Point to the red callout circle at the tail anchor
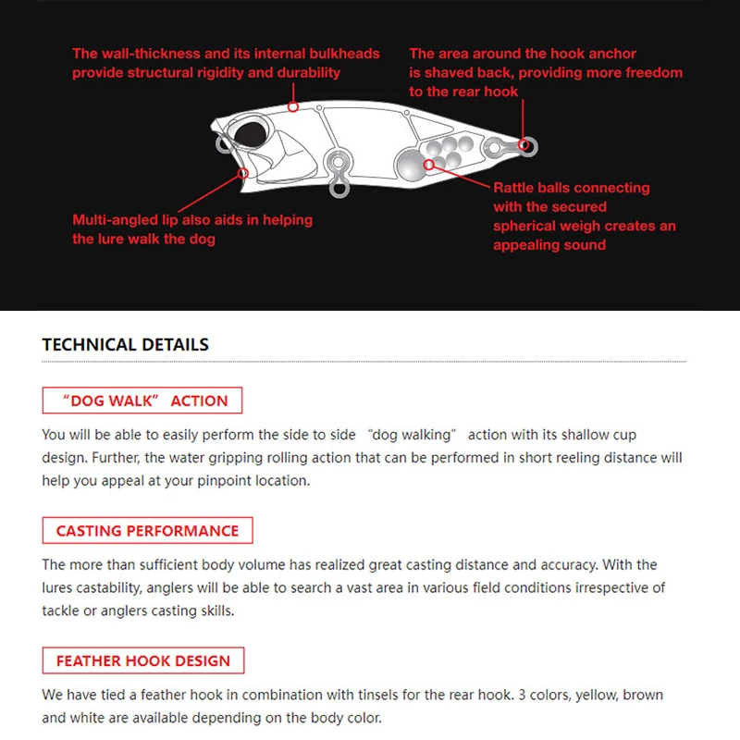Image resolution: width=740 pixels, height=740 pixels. click(527, 145)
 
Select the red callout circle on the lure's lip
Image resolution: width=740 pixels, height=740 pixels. click(244, 171)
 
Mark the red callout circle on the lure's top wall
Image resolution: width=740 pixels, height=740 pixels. click(293, 106)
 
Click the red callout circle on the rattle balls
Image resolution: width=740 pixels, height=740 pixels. click(429, 164)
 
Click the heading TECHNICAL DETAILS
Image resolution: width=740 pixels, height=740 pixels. click(126, 344)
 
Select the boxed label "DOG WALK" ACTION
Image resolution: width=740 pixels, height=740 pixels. click(142, 401)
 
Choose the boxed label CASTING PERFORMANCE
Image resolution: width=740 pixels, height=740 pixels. click(147, 531)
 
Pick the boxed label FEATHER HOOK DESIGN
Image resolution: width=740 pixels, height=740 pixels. click(142, 661)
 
